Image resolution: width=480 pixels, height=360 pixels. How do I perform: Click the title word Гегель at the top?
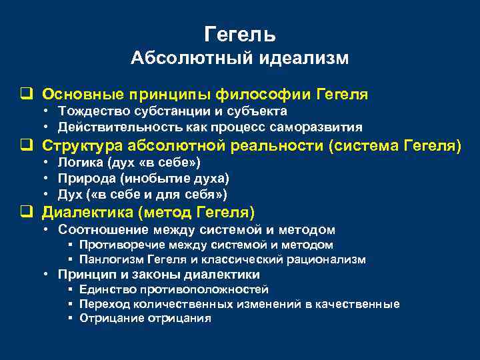pyautogui.click(x=240, y=33)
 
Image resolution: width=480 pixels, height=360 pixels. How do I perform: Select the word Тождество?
pyautogui.click(x=89, y=111)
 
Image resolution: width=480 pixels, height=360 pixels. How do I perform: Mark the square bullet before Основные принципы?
pyautogui.click(x=26, y=95)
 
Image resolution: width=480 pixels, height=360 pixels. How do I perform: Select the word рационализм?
pyautogui.click(x=329, y=259)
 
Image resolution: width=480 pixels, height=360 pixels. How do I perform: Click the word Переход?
pyautogui.click(x=103, y=304)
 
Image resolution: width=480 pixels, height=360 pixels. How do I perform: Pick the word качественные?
pyautogui.click(x=358, y=304)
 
